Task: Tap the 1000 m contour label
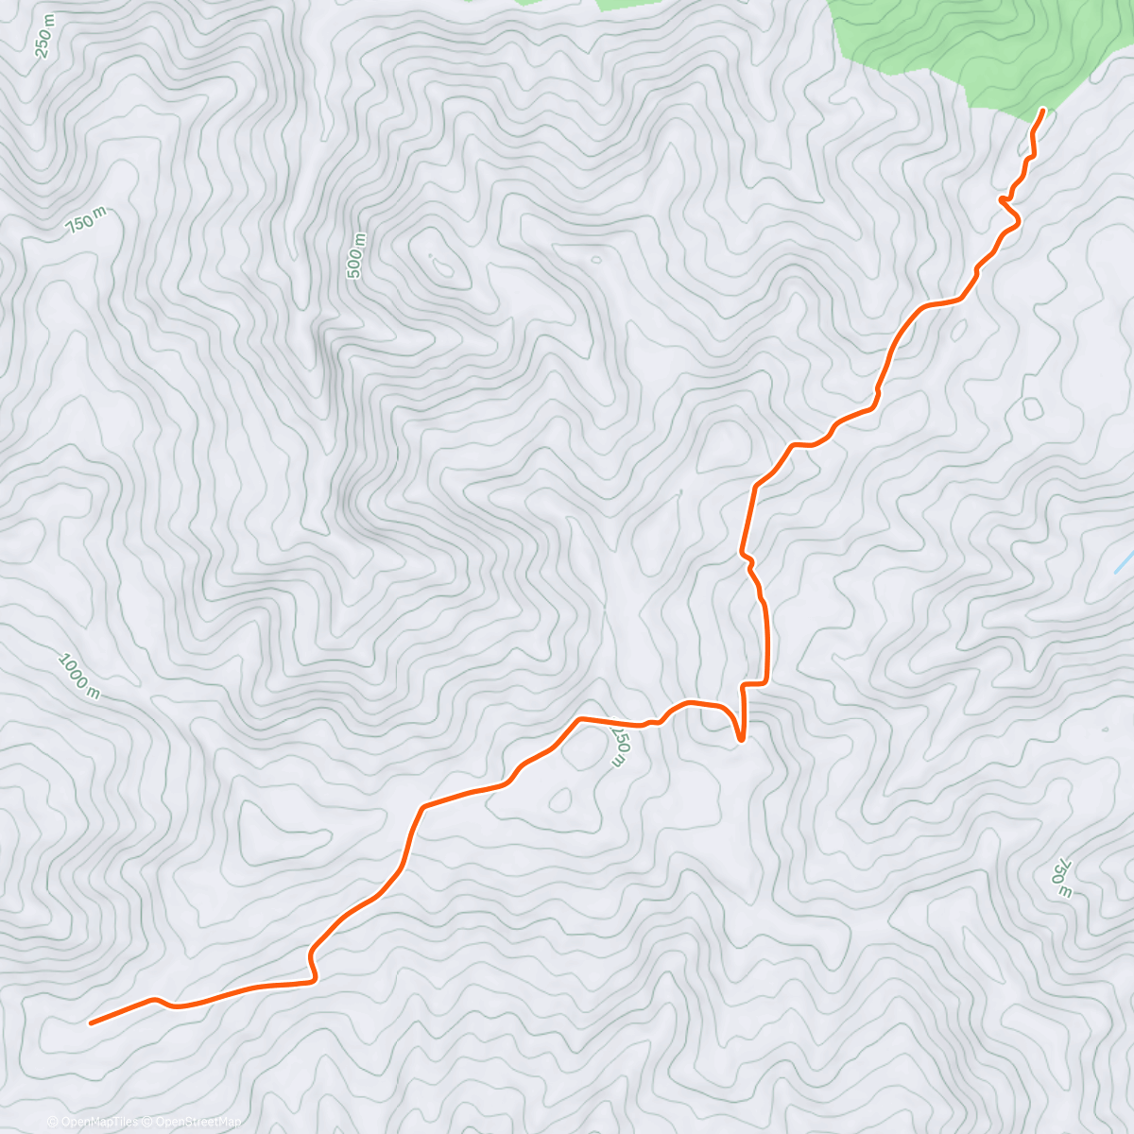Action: pyautogui.click(x=79, y=677)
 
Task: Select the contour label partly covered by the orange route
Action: pyautogui.click(x=620, y=747)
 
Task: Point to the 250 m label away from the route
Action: pyautogui.click(x=44, y=35)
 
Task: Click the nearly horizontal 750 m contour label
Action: pyautogui.click(x=86, y=221)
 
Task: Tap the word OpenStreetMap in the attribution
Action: pyautogui.click(x=202, y=1122)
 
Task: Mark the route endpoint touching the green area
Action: pyautogui.click(x=1043, y=111)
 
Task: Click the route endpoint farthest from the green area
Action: pyautogui.click(x=91, y=1022)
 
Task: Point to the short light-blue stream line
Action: pyautogui.click(x=1124, y=564)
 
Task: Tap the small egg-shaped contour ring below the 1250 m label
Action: pyautogui.click(x=559, y=799)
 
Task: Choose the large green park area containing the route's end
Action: pyautogui.click(x=973, y=47)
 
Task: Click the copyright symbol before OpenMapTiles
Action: pyautogui.click(x=53, y=1122)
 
